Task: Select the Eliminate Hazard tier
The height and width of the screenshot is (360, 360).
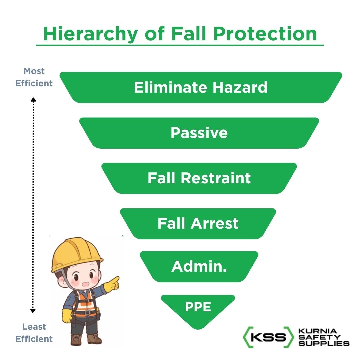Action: [201, 87]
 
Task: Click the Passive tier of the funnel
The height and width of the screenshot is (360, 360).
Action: [199, 133]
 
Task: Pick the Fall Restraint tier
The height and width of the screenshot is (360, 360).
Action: [199, 178]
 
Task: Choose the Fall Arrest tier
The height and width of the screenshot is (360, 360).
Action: [198, 223]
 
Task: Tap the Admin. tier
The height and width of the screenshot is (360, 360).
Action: [199, 266]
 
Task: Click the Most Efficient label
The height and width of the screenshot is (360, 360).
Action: [34, 77]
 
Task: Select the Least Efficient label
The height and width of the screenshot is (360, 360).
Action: [34, 333]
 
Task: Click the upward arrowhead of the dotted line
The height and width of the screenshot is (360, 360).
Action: [33, 99]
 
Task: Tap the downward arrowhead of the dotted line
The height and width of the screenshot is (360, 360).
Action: [33, 311]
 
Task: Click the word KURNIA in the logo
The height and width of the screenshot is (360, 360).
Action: [313, 331]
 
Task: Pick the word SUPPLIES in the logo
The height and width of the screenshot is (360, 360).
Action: [324, 343]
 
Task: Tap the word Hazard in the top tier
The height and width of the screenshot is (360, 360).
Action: [240, 87]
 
